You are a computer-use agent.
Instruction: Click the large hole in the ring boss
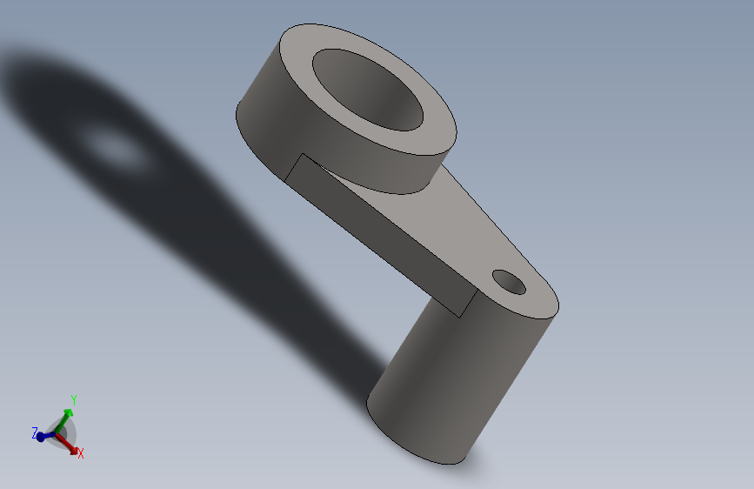(370, 90)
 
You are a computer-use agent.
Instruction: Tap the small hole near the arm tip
(509, 281)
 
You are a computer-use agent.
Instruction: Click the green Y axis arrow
(68, 413)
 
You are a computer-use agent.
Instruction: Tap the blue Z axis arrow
(42, 435)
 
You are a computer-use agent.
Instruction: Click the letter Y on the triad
(74, 400)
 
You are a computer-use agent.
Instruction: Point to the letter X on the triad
(81, 454)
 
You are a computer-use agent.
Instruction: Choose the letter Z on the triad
(34, 432)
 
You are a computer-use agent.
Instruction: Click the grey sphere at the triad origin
(61, 432)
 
